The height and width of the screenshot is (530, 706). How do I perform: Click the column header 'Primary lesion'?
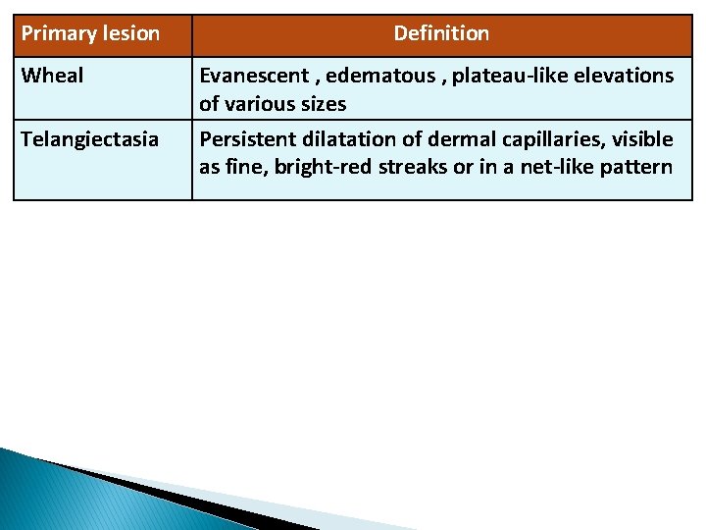pos(90,34)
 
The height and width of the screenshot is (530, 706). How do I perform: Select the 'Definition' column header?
pos(441,34)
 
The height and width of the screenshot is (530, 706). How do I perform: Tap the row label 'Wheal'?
pos(52,76)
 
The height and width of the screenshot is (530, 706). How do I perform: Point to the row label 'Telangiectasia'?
pos(89,139)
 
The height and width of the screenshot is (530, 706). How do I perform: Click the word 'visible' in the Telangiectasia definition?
pos(642,139)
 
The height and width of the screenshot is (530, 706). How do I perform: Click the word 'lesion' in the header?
pos(130,34)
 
